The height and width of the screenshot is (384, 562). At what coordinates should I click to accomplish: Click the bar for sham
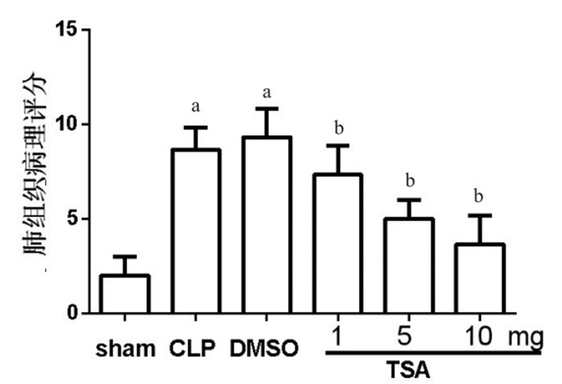[124, 294]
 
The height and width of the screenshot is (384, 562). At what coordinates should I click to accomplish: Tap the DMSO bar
[267, 225]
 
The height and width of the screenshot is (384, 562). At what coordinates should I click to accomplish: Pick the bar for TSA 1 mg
[338, 244]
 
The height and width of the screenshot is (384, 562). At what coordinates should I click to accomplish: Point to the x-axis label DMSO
[264, 349]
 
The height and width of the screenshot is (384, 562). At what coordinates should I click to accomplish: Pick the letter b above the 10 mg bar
[481, 196]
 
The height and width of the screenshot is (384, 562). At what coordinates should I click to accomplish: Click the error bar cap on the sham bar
[124, 257]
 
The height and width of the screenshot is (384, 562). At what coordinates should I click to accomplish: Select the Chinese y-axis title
[35, 164]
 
